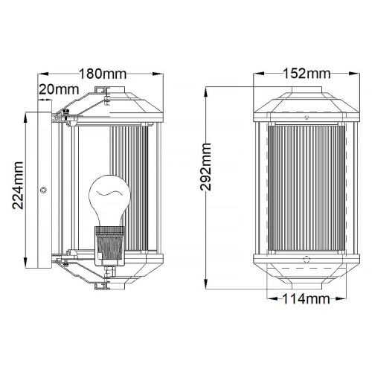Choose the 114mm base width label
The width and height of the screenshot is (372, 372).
click(307, 300)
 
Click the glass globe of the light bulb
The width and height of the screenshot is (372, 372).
click(103, 199)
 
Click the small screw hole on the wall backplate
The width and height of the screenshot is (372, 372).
click(43, 190)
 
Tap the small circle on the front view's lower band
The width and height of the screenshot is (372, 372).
click(307, 260)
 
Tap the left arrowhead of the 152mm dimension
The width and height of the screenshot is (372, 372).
click(255, 74)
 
